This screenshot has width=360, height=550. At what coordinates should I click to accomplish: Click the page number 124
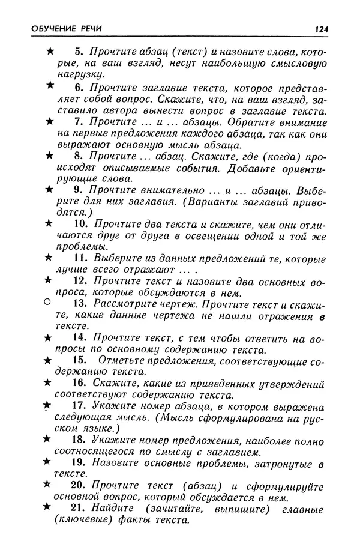point(320,29)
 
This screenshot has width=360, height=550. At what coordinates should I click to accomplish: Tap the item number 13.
point(81,303)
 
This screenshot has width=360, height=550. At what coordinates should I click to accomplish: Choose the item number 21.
point(81,508)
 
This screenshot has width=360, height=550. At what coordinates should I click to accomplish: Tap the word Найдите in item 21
point(115,508)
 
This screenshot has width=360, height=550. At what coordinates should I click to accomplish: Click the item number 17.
point(81,406)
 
